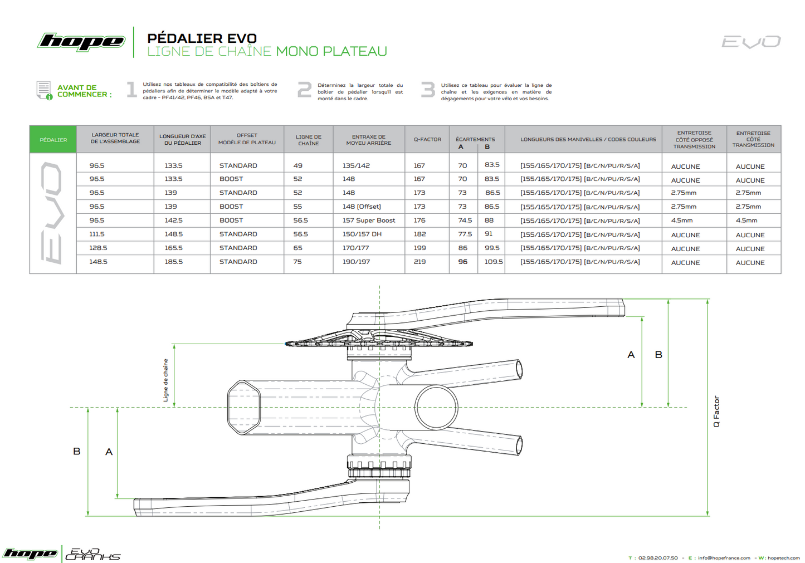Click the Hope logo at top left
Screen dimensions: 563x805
click(81, 42)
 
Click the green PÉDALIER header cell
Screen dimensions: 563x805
click(53, 140)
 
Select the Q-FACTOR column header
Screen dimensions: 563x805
click(427, 140)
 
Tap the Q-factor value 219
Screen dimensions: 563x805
click(419, 262)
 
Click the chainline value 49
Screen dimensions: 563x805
click(298, 165)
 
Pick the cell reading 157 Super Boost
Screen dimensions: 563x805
click(368, 221)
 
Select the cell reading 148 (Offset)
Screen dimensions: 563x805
click(362, 207)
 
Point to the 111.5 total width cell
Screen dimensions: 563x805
click(97, 234)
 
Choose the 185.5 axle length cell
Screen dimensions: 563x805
click(173, 262)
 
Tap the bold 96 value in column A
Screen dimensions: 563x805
click(462, 262)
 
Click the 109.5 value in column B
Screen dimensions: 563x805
click(493, 262)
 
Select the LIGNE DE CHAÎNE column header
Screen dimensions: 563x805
click(308, 140)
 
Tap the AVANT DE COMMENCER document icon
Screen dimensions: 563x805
click(44, 90)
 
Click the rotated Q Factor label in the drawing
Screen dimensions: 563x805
click(716, 412)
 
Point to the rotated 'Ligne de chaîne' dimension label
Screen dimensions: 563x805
click(165, 380)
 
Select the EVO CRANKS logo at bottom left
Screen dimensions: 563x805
click(92, 554)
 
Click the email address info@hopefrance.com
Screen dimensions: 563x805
click(724, 558)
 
